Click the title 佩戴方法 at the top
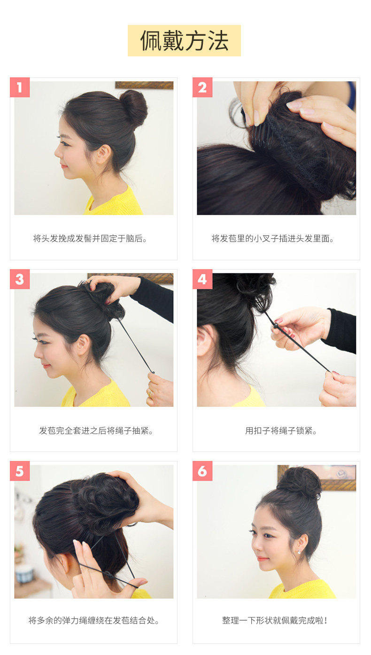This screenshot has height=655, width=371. (184, 41)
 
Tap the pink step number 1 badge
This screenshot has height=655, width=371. (20, 87)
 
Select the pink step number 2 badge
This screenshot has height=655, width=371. (202, 87)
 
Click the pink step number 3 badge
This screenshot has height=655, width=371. (20, 279)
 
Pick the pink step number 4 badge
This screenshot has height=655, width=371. (202, 279)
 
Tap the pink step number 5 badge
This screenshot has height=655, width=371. (20, 471)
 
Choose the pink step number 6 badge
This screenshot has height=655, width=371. (202, 471)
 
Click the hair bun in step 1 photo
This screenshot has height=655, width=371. (133, 108)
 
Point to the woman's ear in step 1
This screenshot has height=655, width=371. (103, 154)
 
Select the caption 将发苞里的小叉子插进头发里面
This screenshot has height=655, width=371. (273, 239)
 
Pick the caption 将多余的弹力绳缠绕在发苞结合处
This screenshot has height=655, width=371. (94, 621)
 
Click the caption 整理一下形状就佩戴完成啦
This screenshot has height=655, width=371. (275, 621)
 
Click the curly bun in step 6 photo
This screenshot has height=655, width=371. (299, 483)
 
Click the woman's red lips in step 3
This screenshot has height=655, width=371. (46, 366)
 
